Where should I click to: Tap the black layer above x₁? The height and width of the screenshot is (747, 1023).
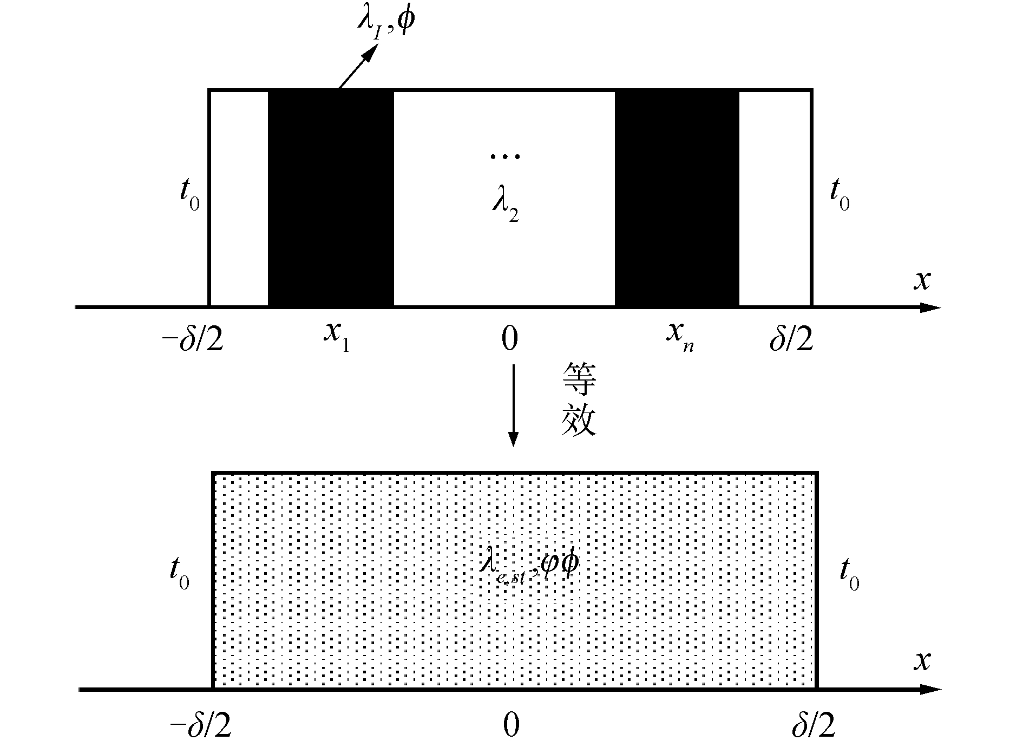click(331, 198)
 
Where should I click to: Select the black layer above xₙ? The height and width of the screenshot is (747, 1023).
click(677, 198)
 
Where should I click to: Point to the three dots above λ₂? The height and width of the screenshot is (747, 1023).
click(505, 156)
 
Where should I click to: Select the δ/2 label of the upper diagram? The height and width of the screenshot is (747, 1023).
click(791, 339)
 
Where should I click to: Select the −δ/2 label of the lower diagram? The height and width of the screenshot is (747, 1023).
click(201, 725)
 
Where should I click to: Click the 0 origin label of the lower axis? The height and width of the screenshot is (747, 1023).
click(511, 725)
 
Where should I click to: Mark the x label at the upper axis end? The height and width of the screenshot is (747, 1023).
click(922, 280)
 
